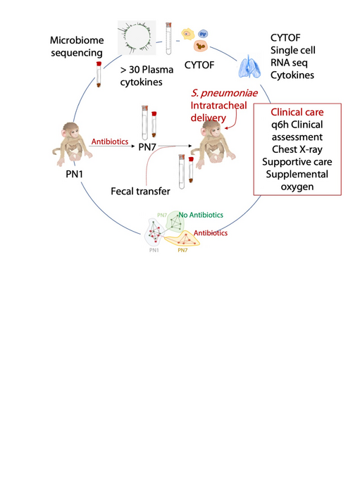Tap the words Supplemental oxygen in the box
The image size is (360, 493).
tap(297, 182)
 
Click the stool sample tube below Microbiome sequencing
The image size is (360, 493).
tap(97, 73)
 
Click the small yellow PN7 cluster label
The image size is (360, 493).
tap(182, 250)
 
